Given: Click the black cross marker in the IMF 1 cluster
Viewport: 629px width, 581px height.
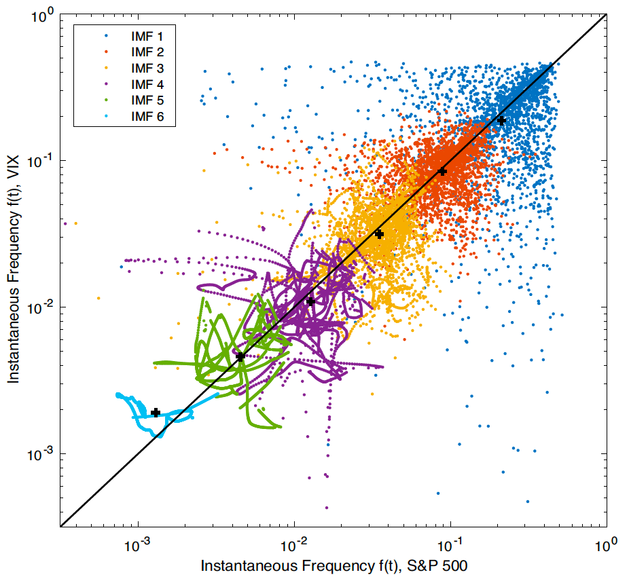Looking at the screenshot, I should pos(501,120).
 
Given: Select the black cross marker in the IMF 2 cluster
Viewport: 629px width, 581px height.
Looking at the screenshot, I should pos(442,171).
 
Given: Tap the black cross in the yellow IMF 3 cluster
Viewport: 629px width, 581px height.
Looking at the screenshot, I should pos(379,234).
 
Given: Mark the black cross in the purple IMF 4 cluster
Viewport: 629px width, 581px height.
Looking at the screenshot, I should pos(310,301).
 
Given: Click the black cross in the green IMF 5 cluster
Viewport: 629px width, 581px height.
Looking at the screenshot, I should pos(240,356).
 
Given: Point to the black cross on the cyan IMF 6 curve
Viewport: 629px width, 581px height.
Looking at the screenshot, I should pos(156,413).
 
